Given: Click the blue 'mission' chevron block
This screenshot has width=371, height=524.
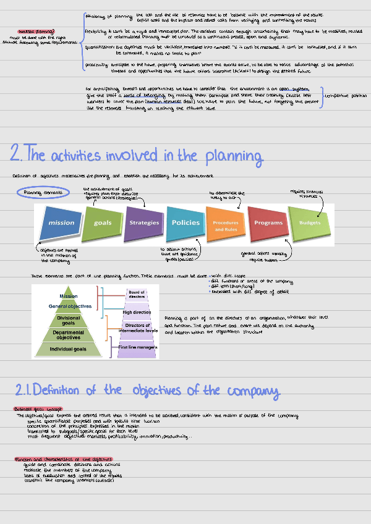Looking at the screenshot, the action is pos(61,222).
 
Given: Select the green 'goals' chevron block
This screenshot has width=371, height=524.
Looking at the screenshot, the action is pos(103,222).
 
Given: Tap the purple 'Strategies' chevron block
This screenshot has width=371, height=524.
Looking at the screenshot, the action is pos(144,222).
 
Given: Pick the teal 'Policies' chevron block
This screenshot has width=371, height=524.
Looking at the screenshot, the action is pos(185,222).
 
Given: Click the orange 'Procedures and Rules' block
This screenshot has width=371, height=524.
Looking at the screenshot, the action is pos(226,226).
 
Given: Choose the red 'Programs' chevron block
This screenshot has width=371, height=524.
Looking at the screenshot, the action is pos(268,222).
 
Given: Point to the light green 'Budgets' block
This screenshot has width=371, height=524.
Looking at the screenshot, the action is pos(310,222).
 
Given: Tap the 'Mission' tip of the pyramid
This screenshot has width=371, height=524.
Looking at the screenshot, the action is pos(69,296).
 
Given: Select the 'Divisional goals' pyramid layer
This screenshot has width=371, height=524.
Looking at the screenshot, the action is pos(69,320).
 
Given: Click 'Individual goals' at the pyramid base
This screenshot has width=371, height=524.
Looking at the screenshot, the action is pos(69,350).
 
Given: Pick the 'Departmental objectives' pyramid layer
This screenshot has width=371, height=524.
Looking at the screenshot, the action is pos(69,335).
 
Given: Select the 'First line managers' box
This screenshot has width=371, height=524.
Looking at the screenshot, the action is pos(137,348).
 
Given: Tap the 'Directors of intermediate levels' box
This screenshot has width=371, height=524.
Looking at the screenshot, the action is pos(137,327).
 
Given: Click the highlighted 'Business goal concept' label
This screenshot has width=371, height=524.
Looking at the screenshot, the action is pos(34,409).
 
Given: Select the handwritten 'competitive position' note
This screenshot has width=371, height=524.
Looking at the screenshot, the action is pos(346,96).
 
